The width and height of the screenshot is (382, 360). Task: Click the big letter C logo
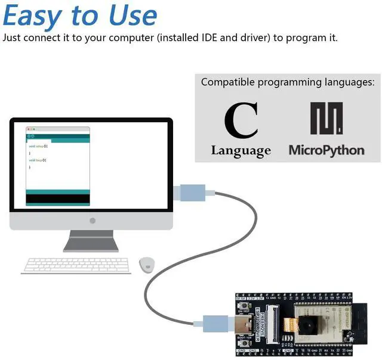click(x=241, y=121)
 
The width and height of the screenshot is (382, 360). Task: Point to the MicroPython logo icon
click(x=326, y=119)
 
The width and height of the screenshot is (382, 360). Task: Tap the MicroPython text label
click(x=326, y=150)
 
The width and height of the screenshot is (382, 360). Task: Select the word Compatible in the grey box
click(x=226, y=82)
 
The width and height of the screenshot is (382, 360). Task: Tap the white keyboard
click(x=76, y=266)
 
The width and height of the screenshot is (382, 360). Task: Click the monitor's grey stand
click(x=91, y=240)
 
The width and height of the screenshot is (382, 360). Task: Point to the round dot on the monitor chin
click(x=92, y=221)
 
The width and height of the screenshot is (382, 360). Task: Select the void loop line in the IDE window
click(x=37, y=160)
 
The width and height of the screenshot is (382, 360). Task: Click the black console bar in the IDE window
click(x=58, y=198)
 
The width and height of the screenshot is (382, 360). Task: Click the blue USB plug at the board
click(x=214, y=324)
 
